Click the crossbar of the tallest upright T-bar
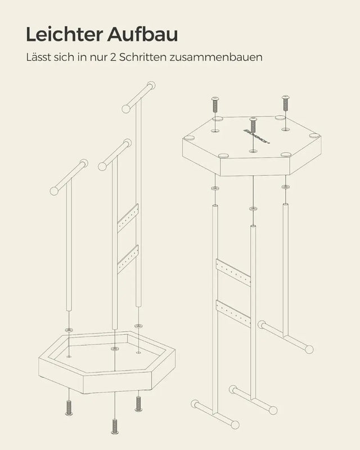[138, 97]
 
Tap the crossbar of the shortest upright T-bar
[69, 178]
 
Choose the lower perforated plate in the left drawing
[128, 259]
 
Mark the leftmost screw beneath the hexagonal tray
[69, 407]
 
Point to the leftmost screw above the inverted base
[214, 105]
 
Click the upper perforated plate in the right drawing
[233, 272]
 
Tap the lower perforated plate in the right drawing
[233, 313]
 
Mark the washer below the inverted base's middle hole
[253, 209]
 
